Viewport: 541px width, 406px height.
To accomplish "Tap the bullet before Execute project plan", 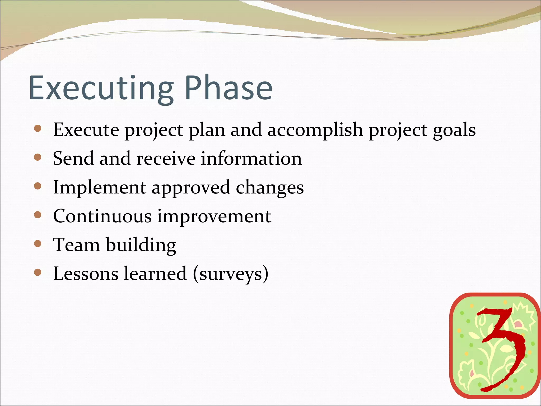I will (38, 129).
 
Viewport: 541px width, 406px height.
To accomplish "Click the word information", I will (251, 159).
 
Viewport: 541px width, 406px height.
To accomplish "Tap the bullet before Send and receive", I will (38, 158).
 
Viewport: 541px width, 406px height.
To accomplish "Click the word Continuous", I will (102, 216).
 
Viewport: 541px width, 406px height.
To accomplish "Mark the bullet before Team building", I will (38, 243).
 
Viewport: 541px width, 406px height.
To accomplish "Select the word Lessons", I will (86, 274).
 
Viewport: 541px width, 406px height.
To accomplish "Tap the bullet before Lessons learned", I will (38, 272).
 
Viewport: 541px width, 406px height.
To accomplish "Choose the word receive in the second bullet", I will (166, 159).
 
